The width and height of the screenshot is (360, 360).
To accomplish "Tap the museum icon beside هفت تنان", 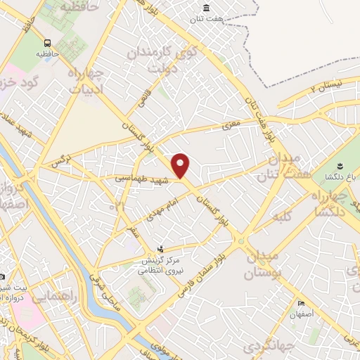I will click(x=206, y=8).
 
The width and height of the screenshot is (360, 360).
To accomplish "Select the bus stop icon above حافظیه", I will click(x=46, y=41).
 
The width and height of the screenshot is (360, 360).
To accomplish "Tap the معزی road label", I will click(x=233, y=124).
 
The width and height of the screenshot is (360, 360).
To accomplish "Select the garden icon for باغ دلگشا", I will click(x=340, y=166).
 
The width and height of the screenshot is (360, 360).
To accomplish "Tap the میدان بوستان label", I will click(x=263, y=264).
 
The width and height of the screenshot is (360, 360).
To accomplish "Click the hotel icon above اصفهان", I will click(x=302, y=303).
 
